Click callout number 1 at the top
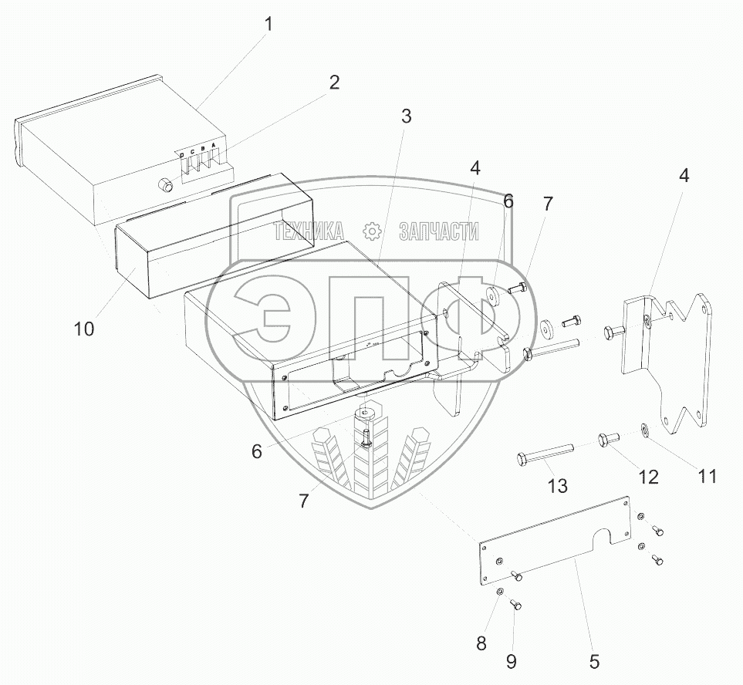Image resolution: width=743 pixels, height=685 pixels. (x=268, y=24)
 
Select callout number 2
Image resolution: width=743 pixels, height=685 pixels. (x=333, y=83)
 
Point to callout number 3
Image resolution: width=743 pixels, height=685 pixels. (x=406, y=116)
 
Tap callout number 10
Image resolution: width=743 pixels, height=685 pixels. (x=84, y=329)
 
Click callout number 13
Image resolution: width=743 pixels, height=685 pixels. (x=557, y=486)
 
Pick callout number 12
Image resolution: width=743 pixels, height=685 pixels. (x=648, y=477)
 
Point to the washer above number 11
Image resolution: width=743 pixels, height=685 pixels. (x=644, y=429)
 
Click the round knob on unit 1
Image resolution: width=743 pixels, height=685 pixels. (x=164, y=185)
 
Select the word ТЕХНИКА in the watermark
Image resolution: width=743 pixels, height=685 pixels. (x=309, y=231)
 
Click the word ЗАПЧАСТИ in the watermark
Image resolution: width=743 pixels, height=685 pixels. (x=439, y=231)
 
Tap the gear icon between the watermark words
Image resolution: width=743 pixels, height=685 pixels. (x=372, y=231)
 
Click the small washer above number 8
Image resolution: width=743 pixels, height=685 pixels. (x=500, y=592)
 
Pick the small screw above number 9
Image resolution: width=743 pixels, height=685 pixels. (x=517, y=606)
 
